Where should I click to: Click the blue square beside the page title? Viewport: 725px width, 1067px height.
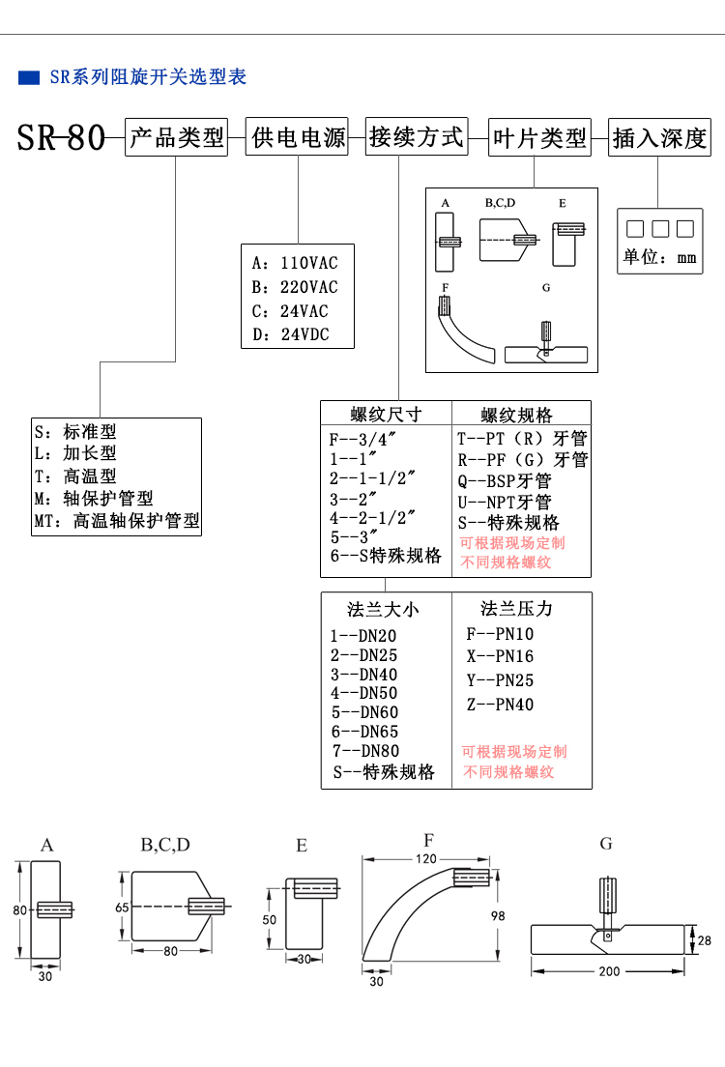coord(29,77)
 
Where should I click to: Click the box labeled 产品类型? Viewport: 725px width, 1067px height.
coord(177,137)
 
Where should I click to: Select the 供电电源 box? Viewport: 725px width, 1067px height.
coord(298,137)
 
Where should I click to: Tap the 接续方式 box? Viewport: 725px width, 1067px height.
coord(416,137)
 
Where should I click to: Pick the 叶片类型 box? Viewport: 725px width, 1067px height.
coord(538,137)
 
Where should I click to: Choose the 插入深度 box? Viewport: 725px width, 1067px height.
coord(660,137)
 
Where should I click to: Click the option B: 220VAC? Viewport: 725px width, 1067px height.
coord(295,287)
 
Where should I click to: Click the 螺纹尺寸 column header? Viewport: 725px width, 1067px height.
coord(386,415)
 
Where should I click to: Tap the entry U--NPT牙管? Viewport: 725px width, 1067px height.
coord(504,502)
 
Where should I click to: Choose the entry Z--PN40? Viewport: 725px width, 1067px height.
coord(500,705)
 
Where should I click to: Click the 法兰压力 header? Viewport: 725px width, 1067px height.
coord(516,609)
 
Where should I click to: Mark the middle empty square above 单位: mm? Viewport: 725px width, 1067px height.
coord(660,229)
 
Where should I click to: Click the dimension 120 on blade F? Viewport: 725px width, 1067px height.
coord(426,858)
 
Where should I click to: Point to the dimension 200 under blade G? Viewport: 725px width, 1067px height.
coord(609,970)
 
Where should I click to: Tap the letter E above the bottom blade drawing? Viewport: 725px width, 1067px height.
coord(302,846)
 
